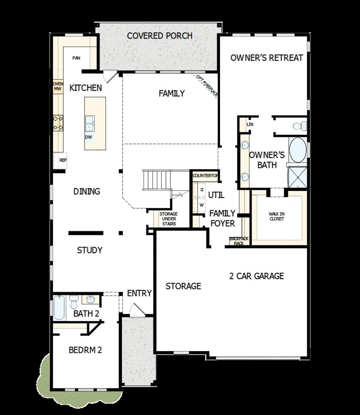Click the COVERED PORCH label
pos(160,36)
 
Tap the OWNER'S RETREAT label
pos(266,58)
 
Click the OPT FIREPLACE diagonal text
pos(207,86)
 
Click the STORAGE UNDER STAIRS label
pos(168,219)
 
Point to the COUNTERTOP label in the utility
pos(206,175)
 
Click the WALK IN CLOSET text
pos(277,216)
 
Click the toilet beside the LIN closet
pos(299,125)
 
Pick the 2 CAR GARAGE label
pos(256,276)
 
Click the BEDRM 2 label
pos(85,350)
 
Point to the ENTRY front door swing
pos(137,310)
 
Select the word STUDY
pos(90,250)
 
